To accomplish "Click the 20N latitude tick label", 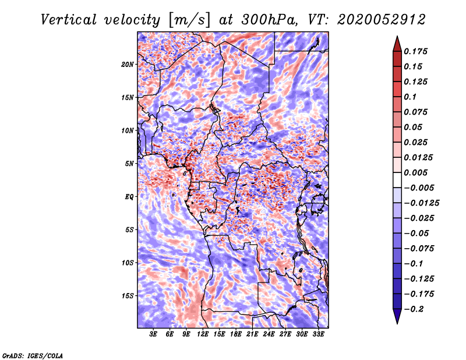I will coord(128,64).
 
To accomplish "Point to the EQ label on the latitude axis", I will coord(129,196).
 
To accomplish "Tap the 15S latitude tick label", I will coord(128,295).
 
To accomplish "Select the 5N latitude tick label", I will coord(129,163).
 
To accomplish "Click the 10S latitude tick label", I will coord(128,263).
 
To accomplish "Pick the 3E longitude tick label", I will coord(154,334).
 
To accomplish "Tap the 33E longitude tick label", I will coord(319,334).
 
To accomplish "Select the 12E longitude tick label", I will coord(203,334).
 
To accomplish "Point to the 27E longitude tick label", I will coord(285,334).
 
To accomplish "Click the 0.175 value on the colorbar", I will coord(416,51).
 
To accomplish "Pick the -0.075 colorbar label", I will coord(419,248).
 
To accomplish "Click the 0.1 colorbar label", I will coord(411,97).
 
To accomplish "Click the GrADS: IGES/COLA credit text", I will coord(33,355).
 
